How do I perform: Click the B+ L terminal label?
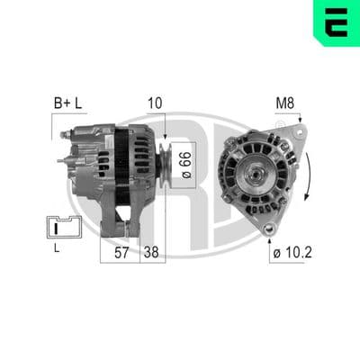[67, 103]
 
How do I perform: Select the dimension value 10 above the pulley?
[155, 103]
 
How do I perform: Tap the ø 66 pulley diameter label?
[186, 166]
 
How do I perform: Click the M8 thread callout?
[285, 103]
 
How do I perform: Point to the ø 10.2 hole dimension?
[292, 253]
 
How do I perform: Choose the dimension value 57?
[121, 253]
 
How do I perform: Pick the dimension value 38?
[151, 253]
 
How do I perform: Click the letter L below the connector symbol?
[57, 248]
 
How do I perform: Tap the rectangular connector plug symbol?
[64, 227]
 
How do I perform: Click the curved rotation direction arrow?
[309, 175]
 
